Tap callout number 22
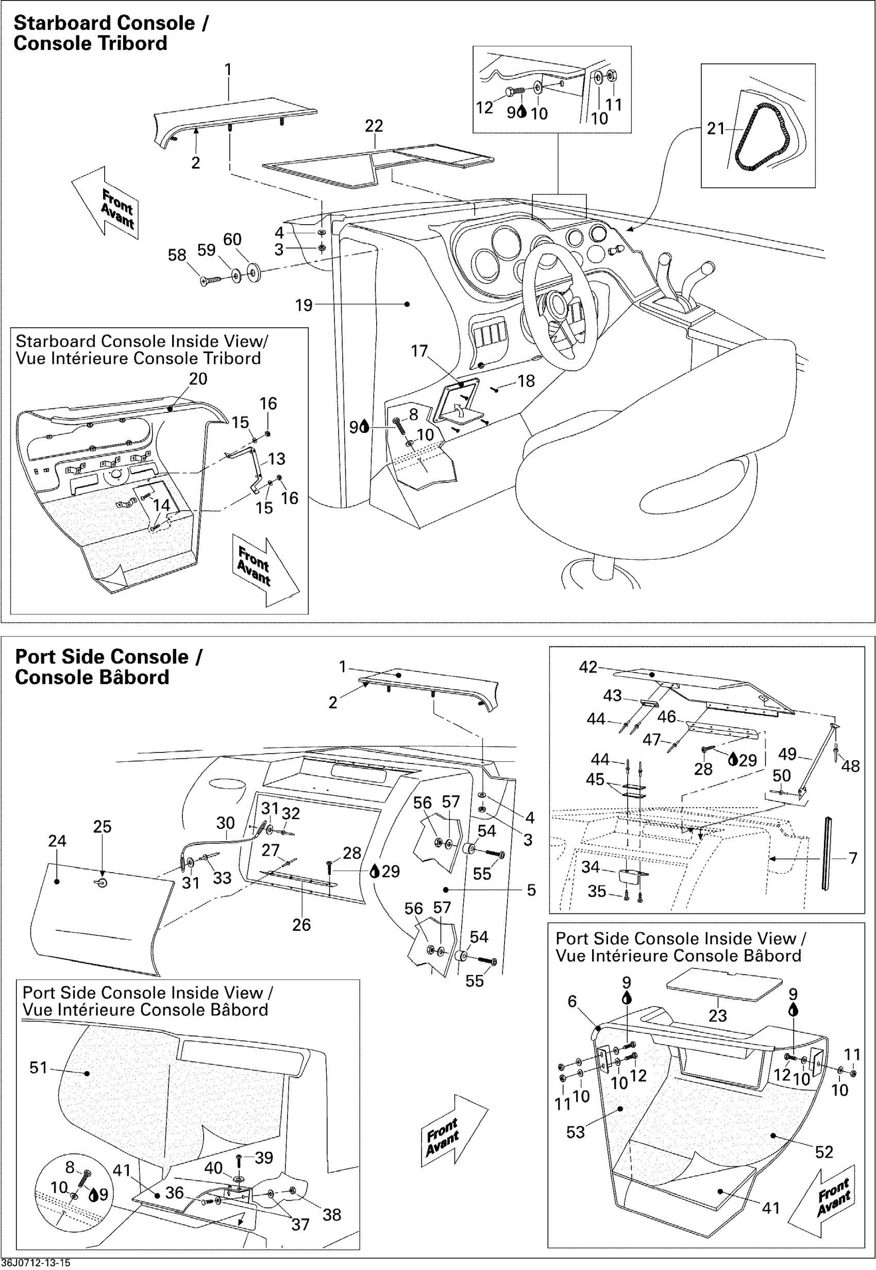click(374, 126)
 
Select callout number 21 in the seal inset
click(715, 129)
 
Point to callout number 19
click(304, 305)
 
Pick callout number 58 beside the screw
click(177, 255)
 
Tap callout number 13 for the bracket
click(277, 459)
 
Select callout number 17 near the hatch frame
click(419, 351)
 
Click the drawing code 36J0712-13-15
click(36, 1263)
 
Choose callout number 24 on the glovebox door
click(57, 841)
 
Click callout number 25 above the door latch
click(102, 826)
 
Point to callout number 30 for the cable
click(225, 823)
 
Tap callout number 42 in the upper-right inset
click(588, 666)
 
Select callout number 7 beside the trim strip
click(852, 858)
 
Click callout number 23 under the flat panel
click(717, 1015)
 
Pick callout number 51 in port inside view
click(39, 1067)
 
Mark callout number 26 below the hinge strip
click(301, 925)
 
